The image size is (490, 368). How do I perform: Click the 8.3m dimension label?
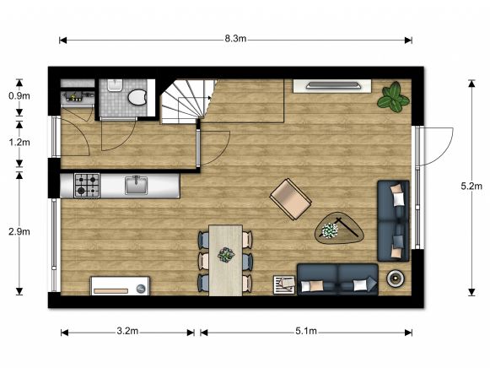[235, 39]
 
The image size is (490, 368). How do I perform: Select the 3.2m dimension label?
[128, 332]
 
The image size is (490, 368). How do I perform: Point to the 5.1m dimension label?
[306, 332]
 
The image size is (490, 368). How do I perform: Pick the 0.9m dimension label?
[18, 96]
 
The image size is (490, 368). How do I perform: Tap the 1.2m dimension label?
[18, 143]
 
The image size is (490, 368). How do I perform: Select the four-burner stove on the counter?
[87, 184]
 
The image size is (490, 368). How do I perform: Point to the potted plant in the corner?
[393, 97]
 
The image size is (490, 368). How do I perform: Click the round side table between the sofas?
[395, 278]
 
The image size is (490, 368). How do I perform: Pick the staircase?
[187, 102]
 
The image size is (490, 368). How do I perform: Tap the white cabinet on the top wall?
[332, 85]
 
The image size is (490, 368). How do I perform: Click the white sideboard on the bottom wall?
[121, 285]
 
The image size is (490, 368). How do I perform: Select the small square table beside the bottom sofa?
[283, 284]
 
